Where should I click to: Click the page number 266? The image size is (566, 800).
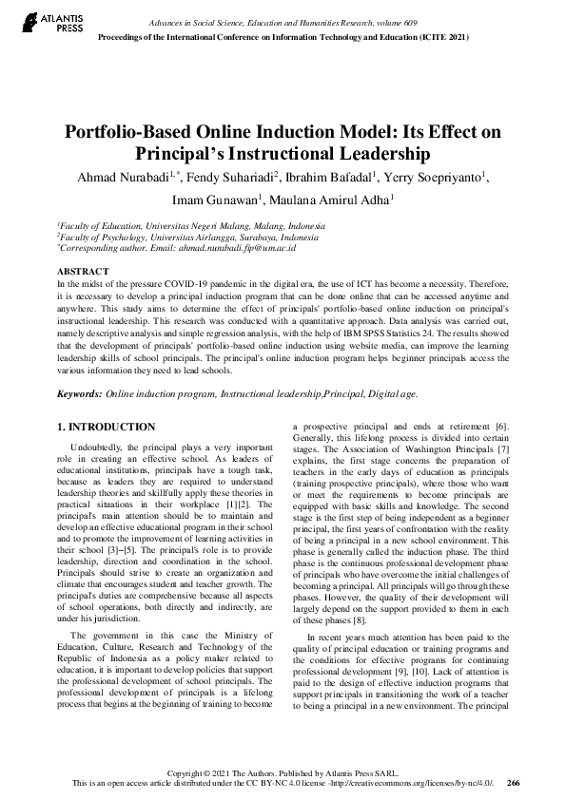(514, 783)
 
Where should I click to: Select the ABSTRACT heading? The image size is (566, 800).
(82, 271)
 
